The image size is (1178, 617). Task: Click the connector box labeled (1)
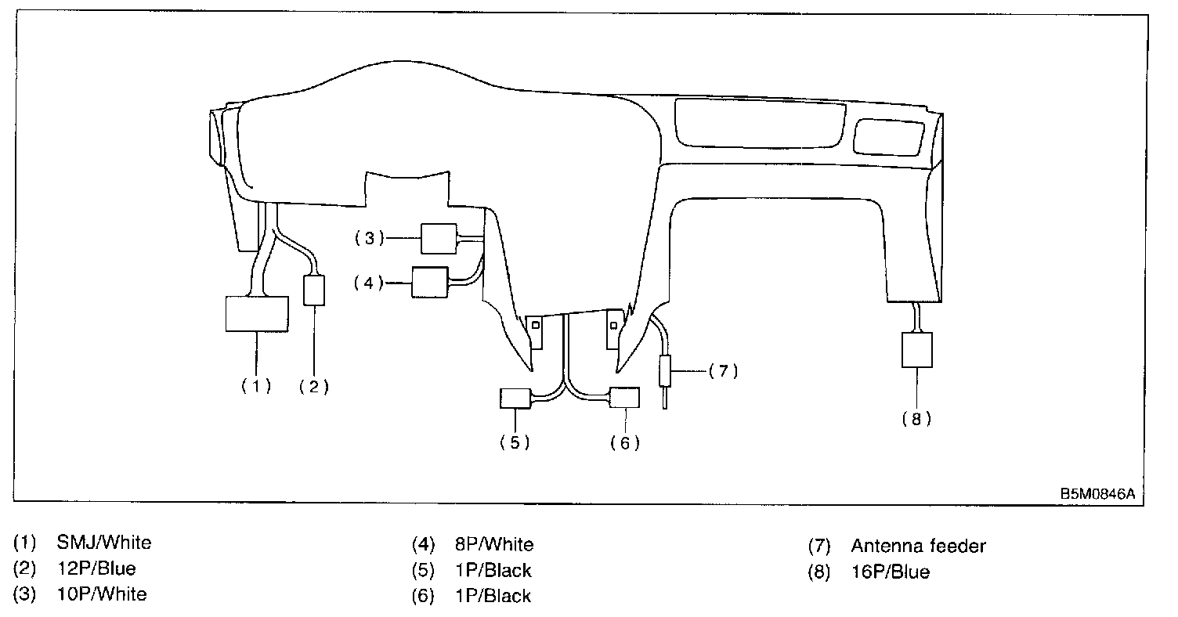pyautogui.click(x=256, y=314)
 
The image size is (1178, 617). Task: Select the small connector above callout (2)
pyautogui.click(x=314, y=290)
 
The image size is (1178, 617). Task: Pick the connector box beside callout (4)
pyautogui.click(x=429, y=283)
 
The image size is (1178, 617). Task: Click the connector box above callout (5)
pyautogui.click(x=515, y=399)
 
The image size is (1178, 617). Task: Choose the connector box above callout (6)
pyautogui.click(x=624, y=399)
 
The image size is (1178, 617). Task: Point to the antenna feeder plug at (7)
pyautogui.click(x=665, y=370)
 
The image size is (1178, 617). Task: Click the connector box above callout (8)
pyautogui.click(x=916, y=350)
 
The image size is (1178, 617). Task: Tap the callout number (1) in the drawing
pyautogui.click(x=256, y=385)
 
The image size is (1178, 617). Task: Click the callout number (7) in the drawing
pyautogui.click(x=723, y=370)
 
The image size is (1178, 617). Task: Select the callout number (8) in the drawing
pyautogui.click(x=916, y=419)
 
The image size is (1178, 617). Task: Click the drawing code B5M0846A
pyautogui.click(x=1097, y=494)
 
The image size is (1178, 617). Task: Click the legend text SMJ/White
pyautogui.click(x=104, y=542)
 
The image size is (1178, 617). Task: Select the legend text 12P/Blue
pyautogui.click(x=96, y=568)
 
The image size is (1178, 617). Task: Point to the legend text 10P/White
pyautogui.click(x=102, y=594)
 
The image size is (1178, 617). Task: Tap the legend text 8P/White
pyautogui.click(x=493, y=544)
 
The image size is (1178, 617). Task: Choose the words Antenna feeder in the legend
pyautogui.click(x=918, y=546)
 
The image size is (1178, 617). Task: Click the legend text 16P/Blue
pyautogui.click(x=890, y=572)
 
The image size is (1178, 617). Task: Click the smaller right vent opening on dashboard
pyautogui.click(x=887, y=136)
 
